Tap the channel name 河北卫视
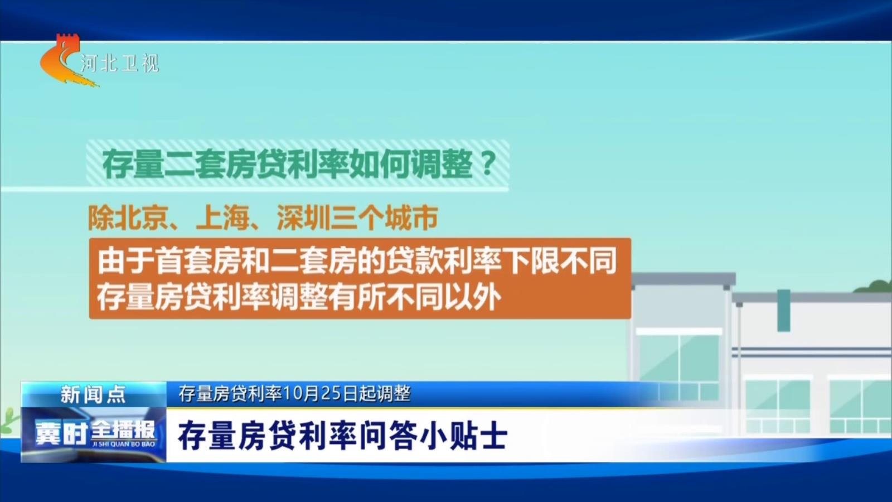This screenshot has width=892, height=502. tap(120, 63)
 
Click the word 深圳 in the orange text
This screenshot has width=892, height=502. tap(303, 218)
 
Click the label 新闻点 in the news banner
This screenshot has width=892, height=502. tap(93, 394)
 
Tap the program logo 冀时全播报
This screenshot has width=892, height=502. tap(94, 432)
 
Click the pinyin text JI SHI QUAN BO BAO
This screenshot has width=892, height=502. tap(123, 444)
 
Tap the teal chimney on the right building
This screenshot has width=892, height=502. tap(784, 311)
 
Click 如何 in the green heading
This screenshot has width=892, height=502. tap(379, 164)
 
